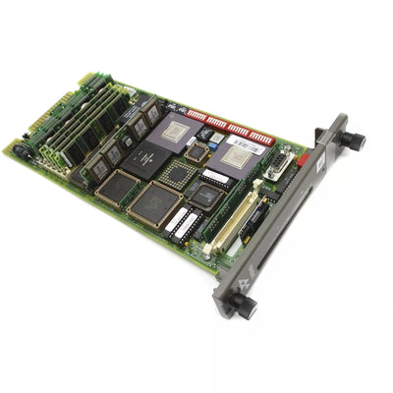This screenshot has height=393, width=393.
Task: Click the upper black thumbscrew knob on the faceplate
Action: (x=355, y=140)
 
